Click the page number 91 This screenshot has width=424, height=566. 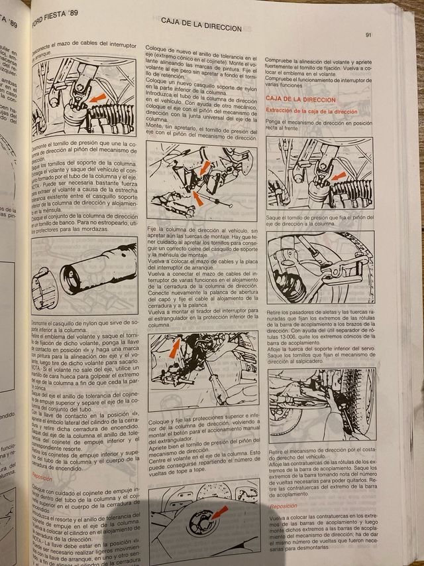pos(368,35)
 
